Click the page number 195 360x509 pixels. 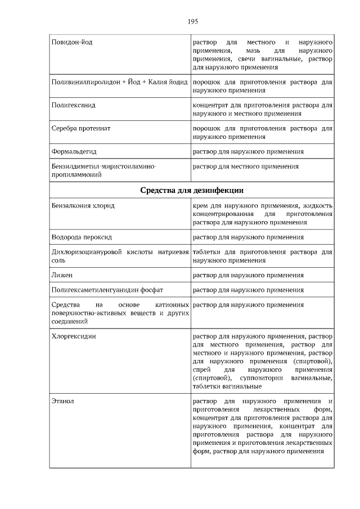[x=192, y=22]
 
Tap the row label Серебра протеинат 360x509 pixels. [x=80, y=128]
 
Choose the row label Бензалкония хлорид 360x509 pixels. [x=83, y=206]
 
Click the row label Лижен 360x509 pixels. [x=62, y=276]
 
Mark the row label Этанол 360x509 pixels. [x=62, y=402]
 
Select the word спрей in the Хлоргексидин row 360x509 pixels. [x=201, y=370]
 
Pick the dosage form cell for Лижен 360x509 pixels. [x=248, y=276]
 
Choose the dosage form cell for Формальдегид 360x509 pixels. [x=248, y=151]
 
